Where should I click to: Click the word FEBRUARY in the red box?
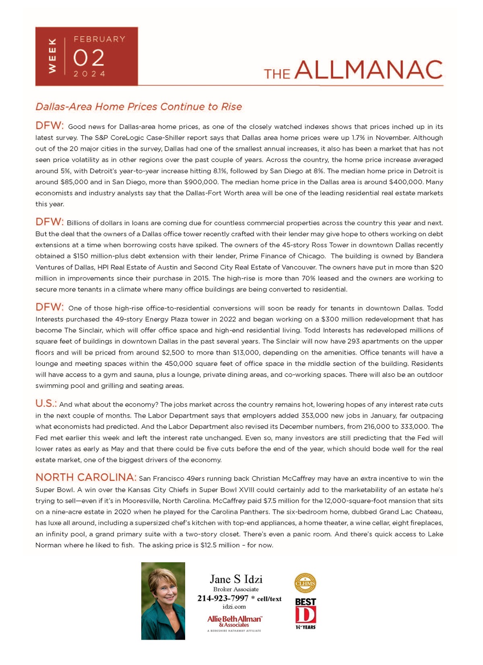(99, 39)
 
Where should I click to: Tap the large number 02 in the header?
(89, 58)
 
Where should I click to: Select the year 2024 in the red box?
(89, 74)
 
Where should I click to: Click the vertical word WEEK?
(52, 56)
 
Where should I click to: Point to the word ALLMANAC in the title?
(368, 70)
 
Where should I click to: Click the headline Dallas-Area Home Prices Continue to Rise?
(138, 107)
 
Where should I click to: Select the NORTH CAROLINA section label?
(86, 478)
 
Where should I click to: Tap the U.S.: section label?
(46, 403)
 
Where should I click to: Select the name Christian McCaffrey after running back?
(283, 479)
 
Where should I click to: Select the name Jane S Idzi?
(236, 580)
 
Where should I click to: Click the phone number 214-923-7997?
(223, 598)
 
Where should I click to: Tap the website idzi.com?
(234, 607)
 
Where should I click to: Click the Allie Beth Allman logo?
(234, 621)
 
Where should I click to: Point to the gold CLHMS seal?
(305, 583)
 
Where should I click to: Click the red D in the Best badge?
(305, 615)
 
